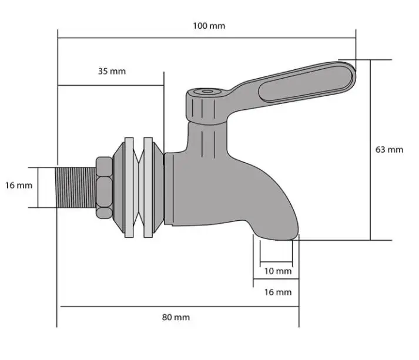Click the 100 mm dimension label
pos(209,26)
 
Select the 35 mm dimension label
pos(111,71)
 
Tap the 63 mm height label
pos(389,149)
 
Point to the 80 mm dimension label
pos(176,317)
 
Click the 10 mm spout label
pos(277,271)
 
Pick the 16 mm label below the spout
pos(277,292)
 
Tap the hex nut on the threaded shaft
pos(104,187)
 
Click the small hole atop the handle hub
pos(205,92)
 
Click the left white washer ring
pos(129,187)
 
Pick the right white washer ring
pos(147,187)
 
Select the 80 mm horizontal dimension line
pos(176,306)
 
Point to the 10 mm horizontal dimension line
pos(276,262)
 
